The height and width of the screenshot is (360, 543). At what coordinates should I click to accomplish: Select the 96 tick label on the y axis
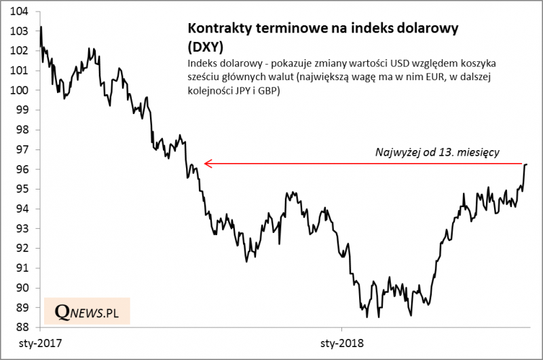(20, 169)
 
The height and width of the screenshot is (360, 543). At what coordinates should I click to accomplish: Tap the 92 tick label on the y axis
(20, 249)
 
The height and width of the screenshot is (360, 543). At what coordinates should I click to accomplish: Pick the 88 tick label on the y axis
(20, 327)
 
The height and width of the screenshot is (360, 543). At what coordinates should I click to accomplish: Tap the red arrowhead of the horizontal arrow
(208, 163)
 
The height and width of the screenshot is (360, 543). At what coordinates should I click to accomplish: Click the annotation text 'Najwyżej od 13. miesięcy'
(437, 153)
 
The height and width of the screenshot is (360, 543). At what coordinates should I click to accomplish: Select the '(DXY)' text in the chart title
(203, 46)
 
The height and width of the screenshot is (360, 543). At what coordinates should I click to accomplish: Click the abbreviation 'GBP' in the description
(268, 90)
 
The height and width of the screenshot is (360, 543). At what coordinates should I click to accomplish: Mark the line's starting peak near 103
(41, 27)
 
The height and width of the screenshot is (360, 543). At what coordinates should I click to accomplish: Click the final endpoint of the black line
(527, 164)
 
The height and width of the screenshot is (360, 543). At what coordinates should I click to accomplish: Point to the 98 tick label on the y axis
(20, 130)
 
